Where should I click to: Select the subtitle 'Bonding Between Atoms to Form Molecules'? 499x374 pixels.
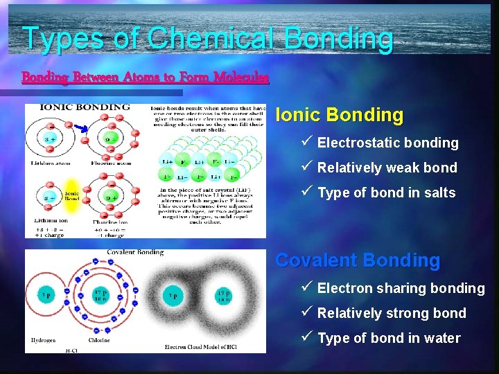145,77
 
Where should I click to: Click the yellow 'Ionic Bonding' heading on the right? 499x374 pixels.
339,115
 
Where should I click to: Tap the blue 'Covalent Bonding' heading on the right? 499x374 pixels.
358,260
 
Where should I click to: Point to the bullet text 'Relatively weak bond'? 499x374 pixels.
387,168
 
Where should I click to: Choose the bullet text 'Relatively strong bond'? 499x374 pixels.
392,313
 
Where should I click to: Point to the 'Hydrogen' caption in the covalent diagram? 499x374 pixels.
43,340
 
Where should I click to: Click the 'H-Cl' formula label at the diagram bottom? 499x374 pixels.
71,350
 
